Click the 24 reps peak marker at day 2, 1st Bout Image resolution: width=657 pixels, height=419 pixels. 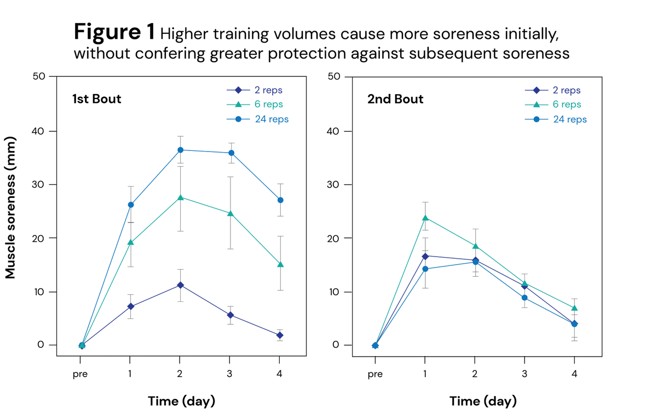click(180, 150)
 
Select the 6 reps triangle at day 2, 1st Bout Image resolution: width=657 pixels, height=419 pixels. click(180, 197)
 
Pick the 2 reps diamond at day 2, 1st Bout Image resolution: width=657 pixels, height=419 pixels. click(180, 285)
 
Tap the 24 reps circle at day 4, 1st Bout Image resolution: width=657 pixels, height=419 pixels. click(280, 200)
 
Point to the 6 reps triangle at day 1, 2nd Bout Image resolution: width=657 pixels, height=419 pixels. click(425, 218)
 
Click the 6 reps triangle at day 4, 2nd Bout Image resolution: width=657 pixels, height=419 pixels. click(574, 308)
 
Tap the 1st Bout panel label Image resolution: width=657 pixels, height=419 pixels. click(97, 100)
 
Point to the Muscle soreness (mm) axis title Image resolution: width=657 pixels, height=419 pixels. click(11, 208)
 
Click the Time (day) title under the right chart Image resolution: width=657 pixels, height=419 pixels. click(483, 401)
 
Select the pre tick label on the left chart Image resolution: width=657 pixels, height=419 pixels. click(80, 375)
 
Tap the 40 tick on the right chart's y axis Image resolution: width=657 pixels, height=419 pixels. click(336, 131)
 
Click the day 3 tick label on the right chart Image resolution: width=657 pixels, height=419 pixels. click(525, 375)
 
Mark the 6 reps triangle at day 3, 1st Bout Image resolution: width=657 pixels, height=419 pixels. click(230, 213)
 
